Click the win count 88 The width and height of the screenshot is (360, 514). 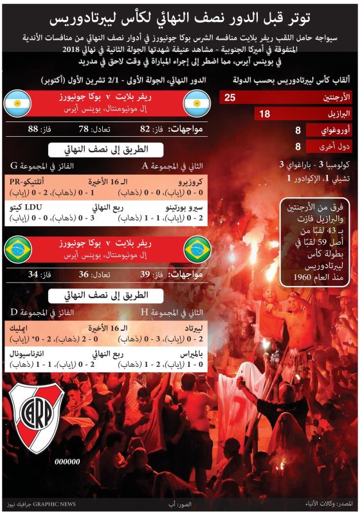[x=33, y=129]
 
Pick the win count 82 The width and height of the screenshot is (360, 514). [x=145, y=129]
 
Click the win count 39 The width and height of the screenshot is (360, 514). [x=144, y=274]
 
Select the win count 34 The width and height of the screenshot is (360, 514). [x=33, y=274]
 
